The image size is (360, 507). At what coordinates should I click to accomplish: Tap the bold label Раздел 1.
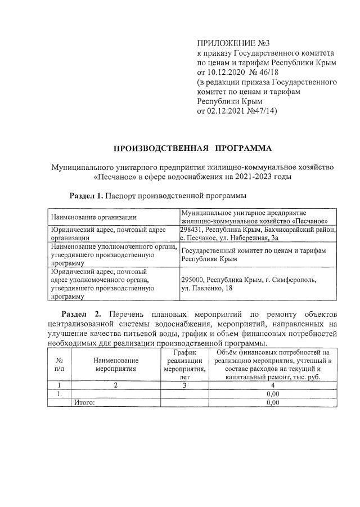click(x=86, y=196)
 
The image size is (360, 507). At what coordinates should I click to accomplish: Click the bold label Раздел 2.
click(x=81, y=313)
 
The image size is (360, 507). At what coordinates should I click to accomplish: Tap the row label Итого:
click(x=85, y=402)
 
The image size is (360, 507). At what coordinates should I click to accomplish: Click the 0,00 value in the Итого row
click(x=272, y=402)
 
